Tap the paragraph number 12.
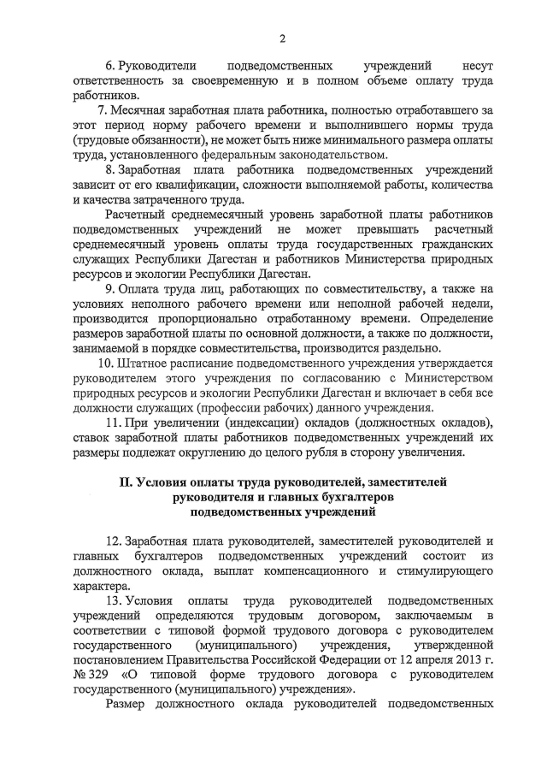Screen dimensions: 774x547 pyautogui.click(x=114, y=541)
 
